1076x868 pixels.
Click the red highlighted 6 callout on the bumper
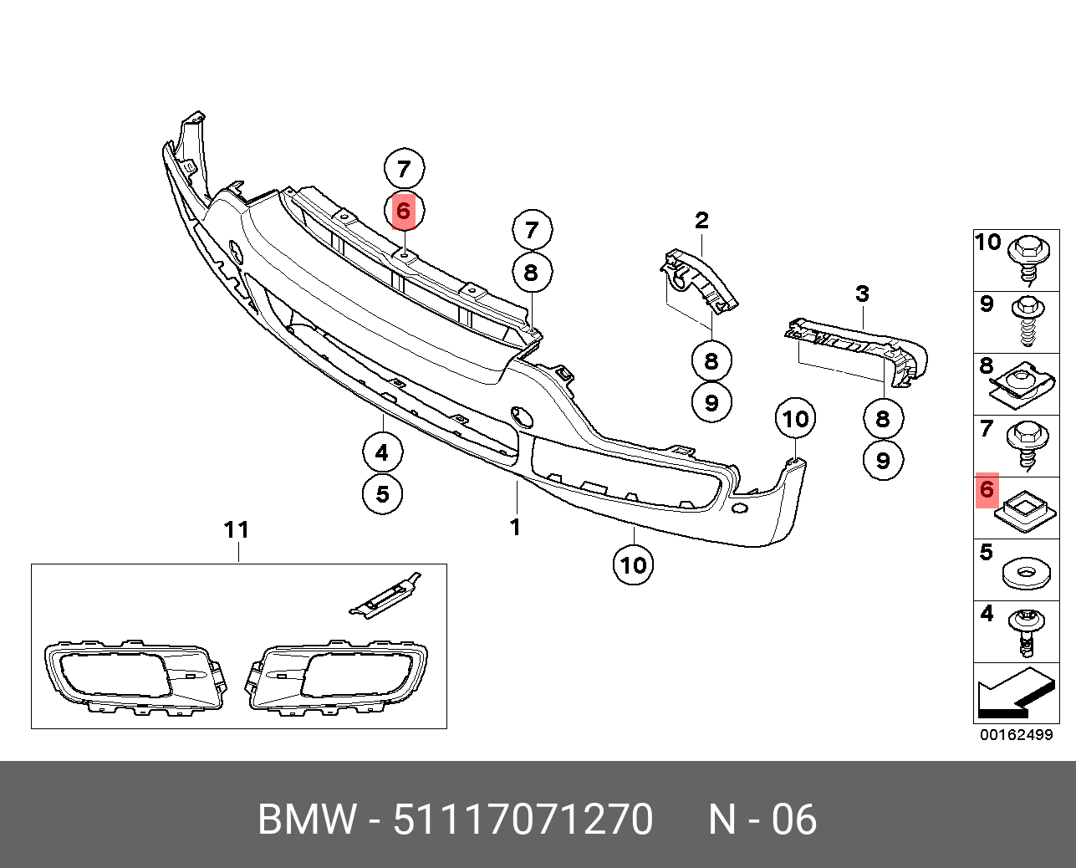[x=403, y=211]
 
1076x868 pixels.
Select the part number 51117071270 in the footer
[x=523, y=819]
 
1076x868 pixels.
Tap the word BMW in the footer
[x=307, y=819]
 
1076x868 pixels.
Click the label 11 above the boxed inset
[x=237, y=529]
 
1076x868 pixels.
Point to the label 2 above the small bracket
[x=701, y=220]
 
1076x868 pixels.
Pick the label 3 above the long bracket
[x=862, y=294]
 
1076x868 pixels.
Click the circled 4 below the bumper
[x=382, y=452]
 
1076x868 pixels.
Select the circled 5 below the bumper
[x=382, y=493]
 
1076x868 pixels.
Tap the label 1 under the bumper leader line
[x=515, y=527]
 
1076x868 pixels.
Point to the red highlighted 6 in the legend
[x=987, y=489]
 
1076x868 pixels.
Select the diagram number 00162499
[x=1016, y=736]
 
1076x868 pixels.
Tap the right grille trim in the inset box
[x=337, y=676]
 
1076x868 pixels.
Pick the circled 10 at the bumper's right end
[x=795, y=418]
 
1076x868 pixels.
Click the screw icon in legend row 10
[x=1026, y=258]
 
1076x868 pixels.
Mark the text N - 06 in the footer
[x=762, y=819]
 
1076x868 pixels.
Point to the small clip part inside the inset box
[x=385, y=595]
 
